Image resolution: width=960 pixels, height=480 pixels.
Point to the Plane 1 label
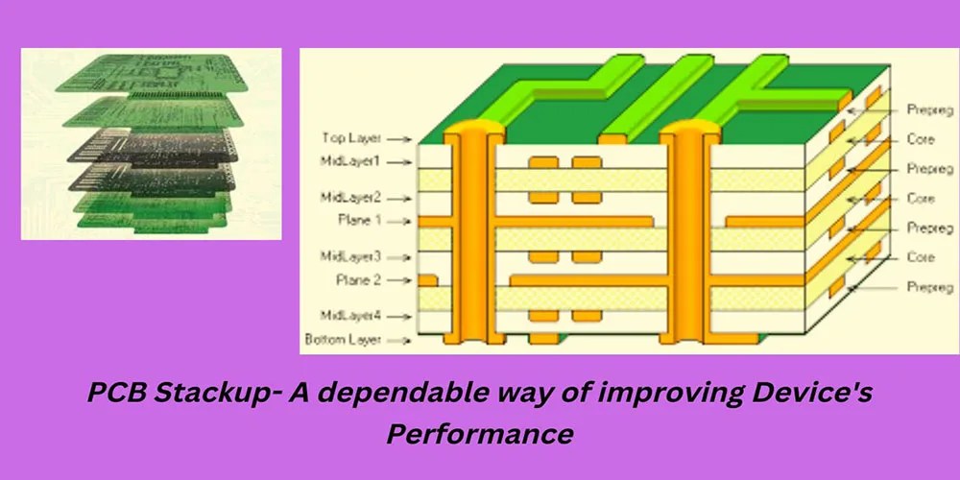click(x=359, y=220)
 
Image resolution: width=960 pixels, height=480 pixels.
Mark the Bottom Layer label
click(x=344, y=339)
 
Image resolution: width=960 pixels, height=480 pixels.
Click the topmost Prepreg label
click(x=928, y=110)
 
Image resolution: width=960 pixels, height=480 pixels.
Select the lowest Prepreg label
click(x=928, y=287)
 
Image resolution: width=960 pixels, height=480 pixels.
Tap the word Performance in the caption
click(x=480, y=433)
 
